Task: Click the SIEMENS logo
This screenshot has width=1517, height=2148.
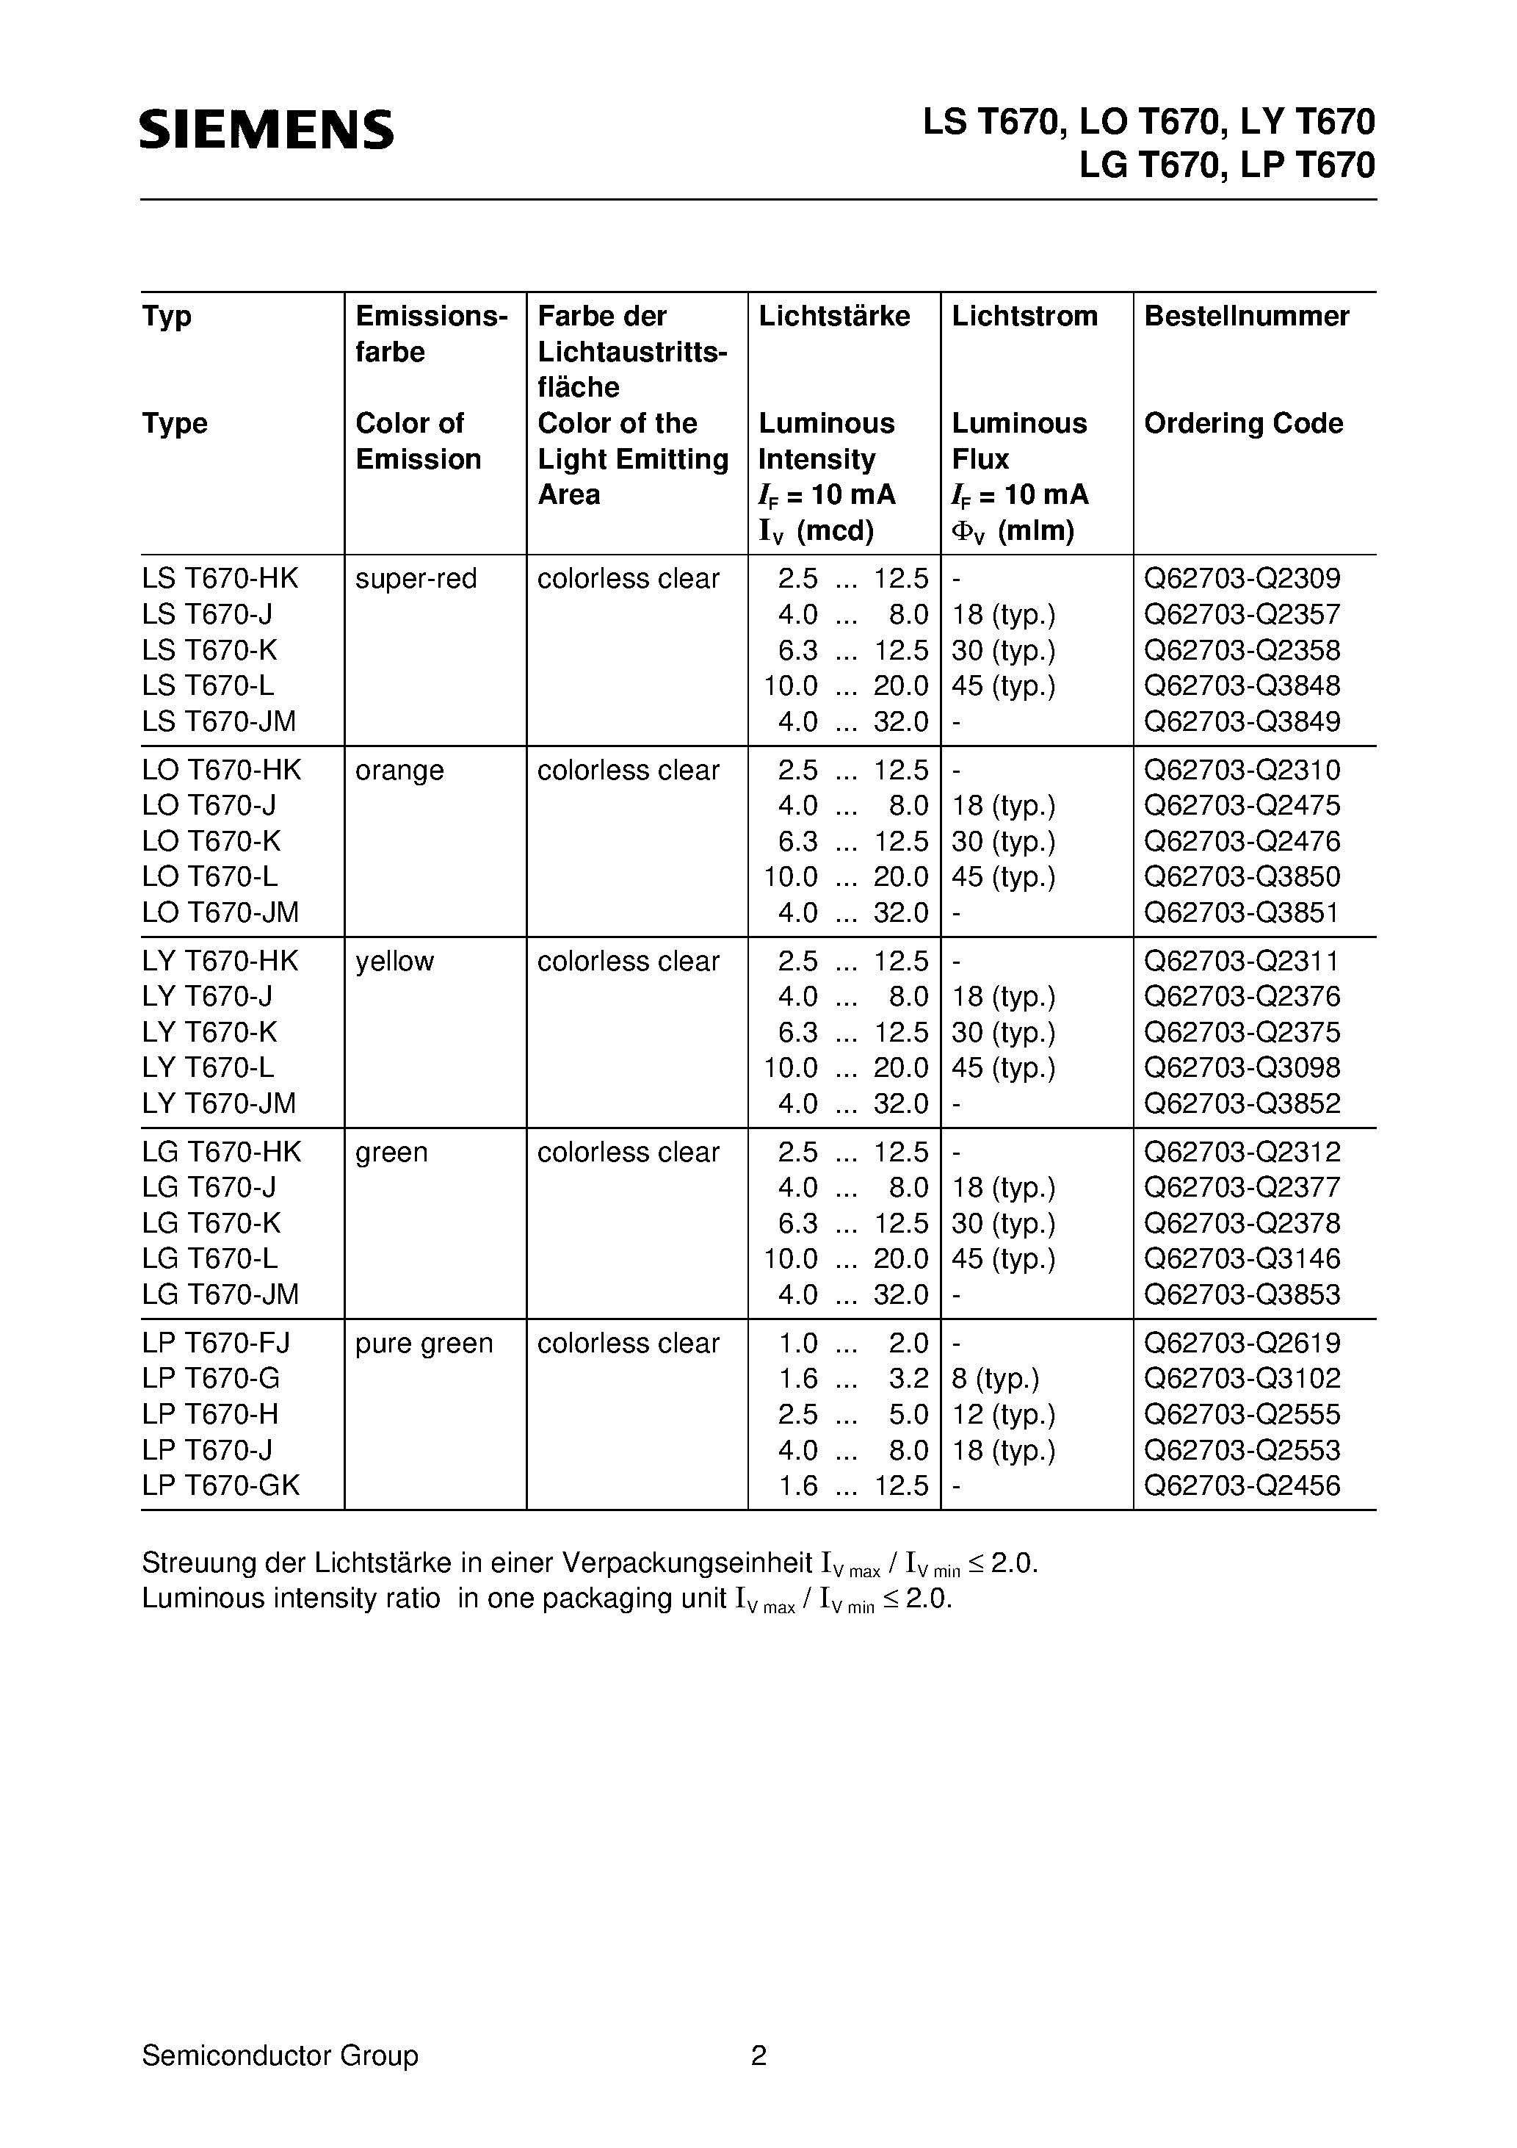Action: click(x=267, y=129)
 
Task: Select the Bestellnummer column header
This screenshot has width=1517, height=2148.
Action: click(x=1246, y=316)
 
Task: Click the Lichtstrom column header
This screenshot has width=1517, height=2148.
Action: click(x=1024, y=316)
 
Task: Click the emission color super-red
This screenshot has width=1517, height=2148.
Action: click(x=416, y=579)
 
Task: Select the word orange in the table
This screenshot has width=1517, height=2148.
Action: click(x=399, y=770)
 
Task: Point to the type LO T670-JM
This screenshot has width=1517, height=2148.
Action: click(x=220, y=912)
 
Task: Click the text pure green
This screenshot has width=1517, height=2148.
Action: click(x=424, y=1344)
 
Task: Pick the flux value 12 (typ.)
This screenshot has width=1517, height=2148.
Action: click(x=1002, y=1415)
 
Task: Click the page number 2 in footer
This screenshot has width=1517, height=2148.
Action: click(x=758, y=2055)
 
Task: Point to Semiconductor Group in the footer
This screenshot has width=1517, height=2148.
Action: click(x=280, y=2055)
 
